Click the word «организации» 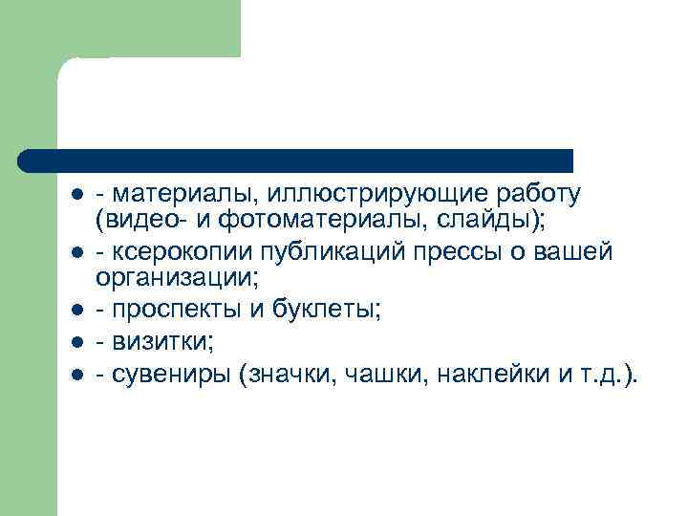point(173,280)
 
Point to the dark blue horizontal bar point(296,160)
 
